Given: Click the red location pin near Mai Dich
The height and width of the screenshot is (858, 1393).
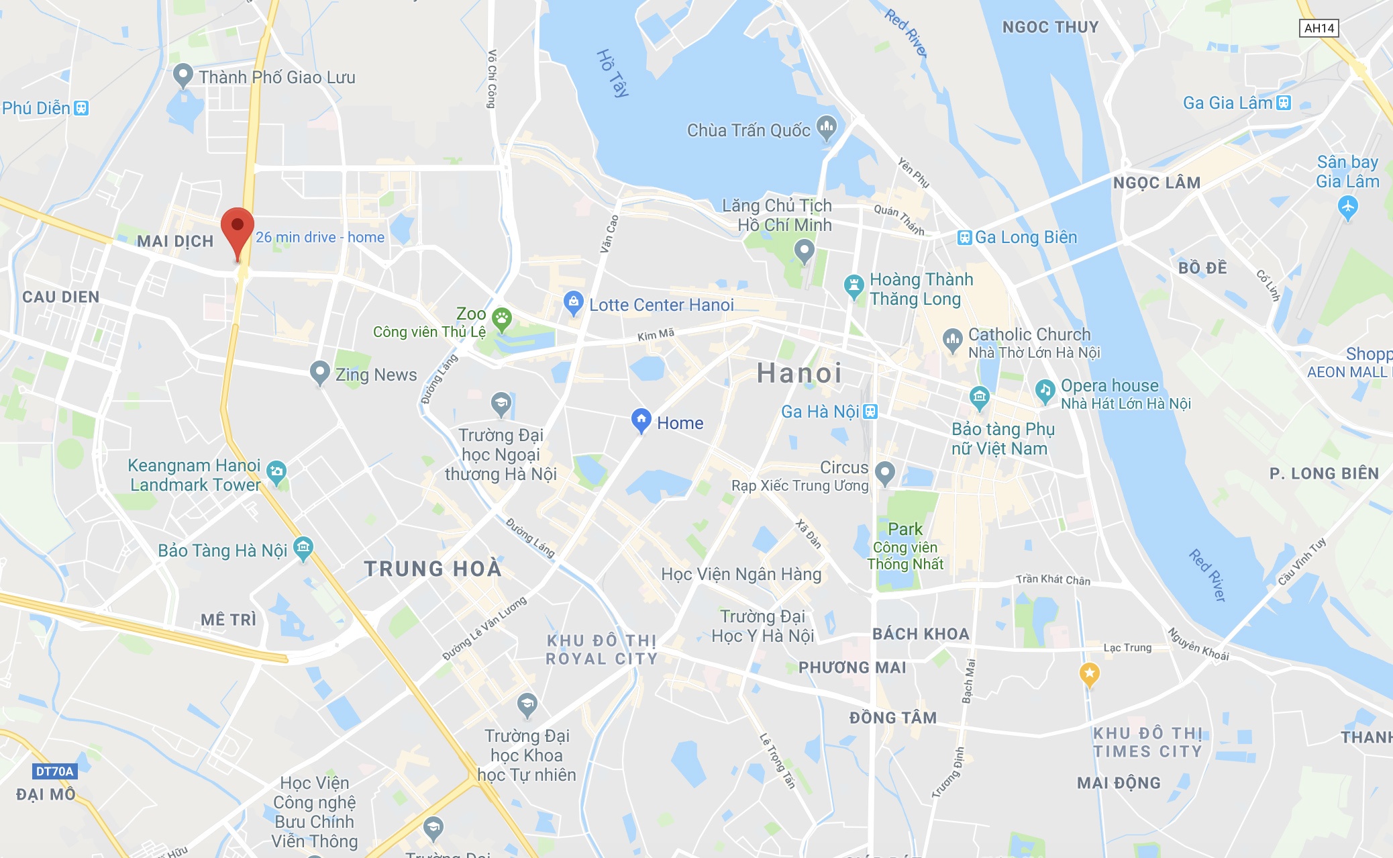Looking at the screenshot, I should pyautogui.click(x=238, y=228).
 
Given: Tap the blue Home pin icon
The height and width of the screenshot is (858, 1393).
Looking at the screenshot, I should pyautogui.click(x=641, y=420).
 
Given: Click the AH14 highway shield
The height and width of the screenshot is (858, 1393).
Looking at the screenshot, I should pyautogui.click(x=1319, y=28).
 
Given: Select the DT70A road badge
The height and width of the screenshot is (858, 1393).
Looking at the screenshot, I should pyautogui.click(x=54, y=771).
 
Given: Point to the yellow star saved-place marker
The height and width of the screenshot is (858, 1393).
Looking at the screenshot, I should pyautogui.click(x=1089, y=673).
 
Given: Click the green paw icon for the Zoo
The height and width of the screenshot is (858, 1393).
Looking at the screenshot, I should pyautogui.click(x=502, y=318).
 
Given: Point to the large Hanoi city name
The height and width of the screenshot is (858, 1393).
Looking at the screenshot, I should pyautogui.click(x=799, y=373).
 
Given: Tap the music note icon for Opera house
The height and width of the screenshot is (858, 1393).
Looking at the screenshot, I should pyautogui.click(x=1045, y=390).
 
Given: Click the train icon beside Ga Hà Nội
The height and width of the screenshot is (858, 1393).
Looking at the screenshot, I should pyautogui.click(x=870, y=411).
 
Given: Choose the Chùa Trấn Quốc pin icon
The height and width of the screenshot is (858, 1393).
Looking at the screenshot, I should pyautogui.click(x=827, y=127).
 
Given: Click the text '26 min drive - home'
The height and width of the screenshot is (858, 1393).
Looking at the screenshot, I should pyautogui.click(x=320, y=237).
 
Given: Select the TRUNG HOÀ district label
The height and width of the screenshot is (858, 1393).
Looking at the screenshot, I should pyautogui.click(x=433, y=569).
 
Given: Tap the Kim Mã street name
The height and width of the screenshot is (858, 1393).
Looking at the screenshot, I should pyautogui.click(x=656, y=334).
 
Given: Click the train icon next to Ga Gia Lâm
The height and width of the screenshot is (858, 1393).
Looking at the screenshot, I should pyautogui.click(x=1284, y=103).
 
